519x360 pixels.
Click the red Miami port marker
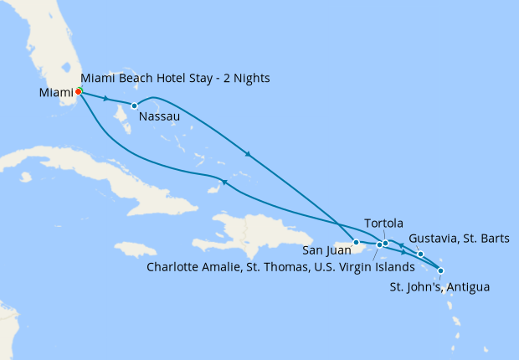pos(79,91)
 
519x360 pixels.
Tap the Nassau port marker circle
pos(135,105)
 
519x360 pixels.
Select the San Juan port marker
pos(357,243)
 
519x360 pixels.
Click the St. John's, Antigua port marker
pos(441,270)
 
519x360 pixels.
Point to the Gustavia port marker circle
pos(420,254)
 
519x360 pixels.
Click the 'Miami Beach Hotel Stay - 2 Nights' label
pos(176,79)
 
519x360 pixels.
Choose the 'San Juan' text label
pos(327,249)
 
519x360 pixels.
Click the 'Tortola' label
pos(384,224)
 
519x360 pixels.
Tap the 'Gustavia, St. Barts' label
pos(460,239)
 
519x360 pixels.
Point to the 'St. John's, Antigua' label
pos(439,287)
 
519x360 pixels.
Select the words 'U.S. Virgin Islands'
pos(365,267)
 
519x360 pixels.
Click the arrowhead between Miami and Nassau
pos(106,99)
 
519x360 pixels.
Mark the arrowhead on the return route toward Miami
pos(224,182)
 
